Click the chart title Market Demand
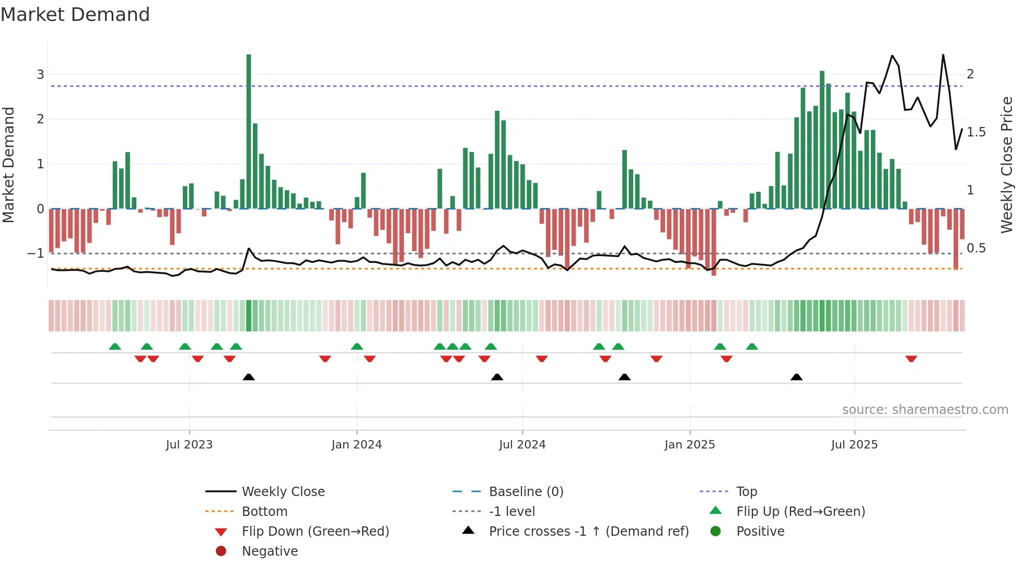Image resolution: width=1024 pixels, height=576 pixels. click(x=75, y=15)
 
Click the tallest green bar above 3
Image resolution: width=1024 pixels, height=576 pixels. click(x=249, y=131)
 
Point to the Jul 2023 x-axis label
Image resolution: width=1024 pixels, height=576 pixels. click(x=189, y=445)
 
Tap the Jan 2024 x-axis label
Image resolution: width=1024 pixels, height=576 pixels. click(x=356, y=445)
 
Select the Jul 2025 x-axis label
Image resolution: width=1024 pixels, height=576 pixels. click(x=854, y=445)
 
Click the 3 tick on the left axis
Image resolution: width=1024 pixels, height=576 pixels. click(x=40, y=75)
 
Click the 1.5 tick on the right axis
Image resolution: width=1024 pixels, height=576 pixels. click(x=976, y=132)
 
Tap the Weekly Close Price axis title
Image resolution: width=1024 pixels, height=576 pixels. click(x=1007, y=165)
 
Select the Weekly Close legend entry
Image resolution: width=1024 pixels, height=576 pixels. click(x=283, y=492)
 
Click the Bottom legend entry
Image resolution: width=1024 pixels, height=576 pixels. click(x=264, y=512)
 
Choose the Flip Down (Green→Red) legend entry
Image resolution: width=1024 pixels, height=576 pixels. click(x=315, y=532)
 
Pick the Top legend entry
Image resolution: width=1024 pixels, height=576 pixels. click(x=747, y=492)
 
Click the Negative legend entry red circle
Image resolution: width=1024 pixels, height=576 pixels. click(x=221, y=551)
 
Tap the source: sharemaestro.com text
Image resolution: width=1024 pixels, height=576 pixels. click(x=925, y=410)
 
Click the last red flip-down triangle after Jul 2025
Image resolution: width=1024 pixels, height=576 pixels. click(x=911, y=359)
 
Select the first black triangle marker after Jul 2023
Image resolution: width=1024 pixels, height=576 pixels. click(x=249, y=377)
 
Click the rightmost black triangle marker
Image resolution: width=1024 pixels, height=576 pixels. click(x=796, y=377)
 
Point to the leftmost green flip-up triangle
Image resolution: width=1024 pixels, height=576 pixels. click(x=115, y=347)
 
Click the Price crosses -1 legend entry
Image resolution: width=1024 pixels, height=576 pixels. click(x=588, y=532)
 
